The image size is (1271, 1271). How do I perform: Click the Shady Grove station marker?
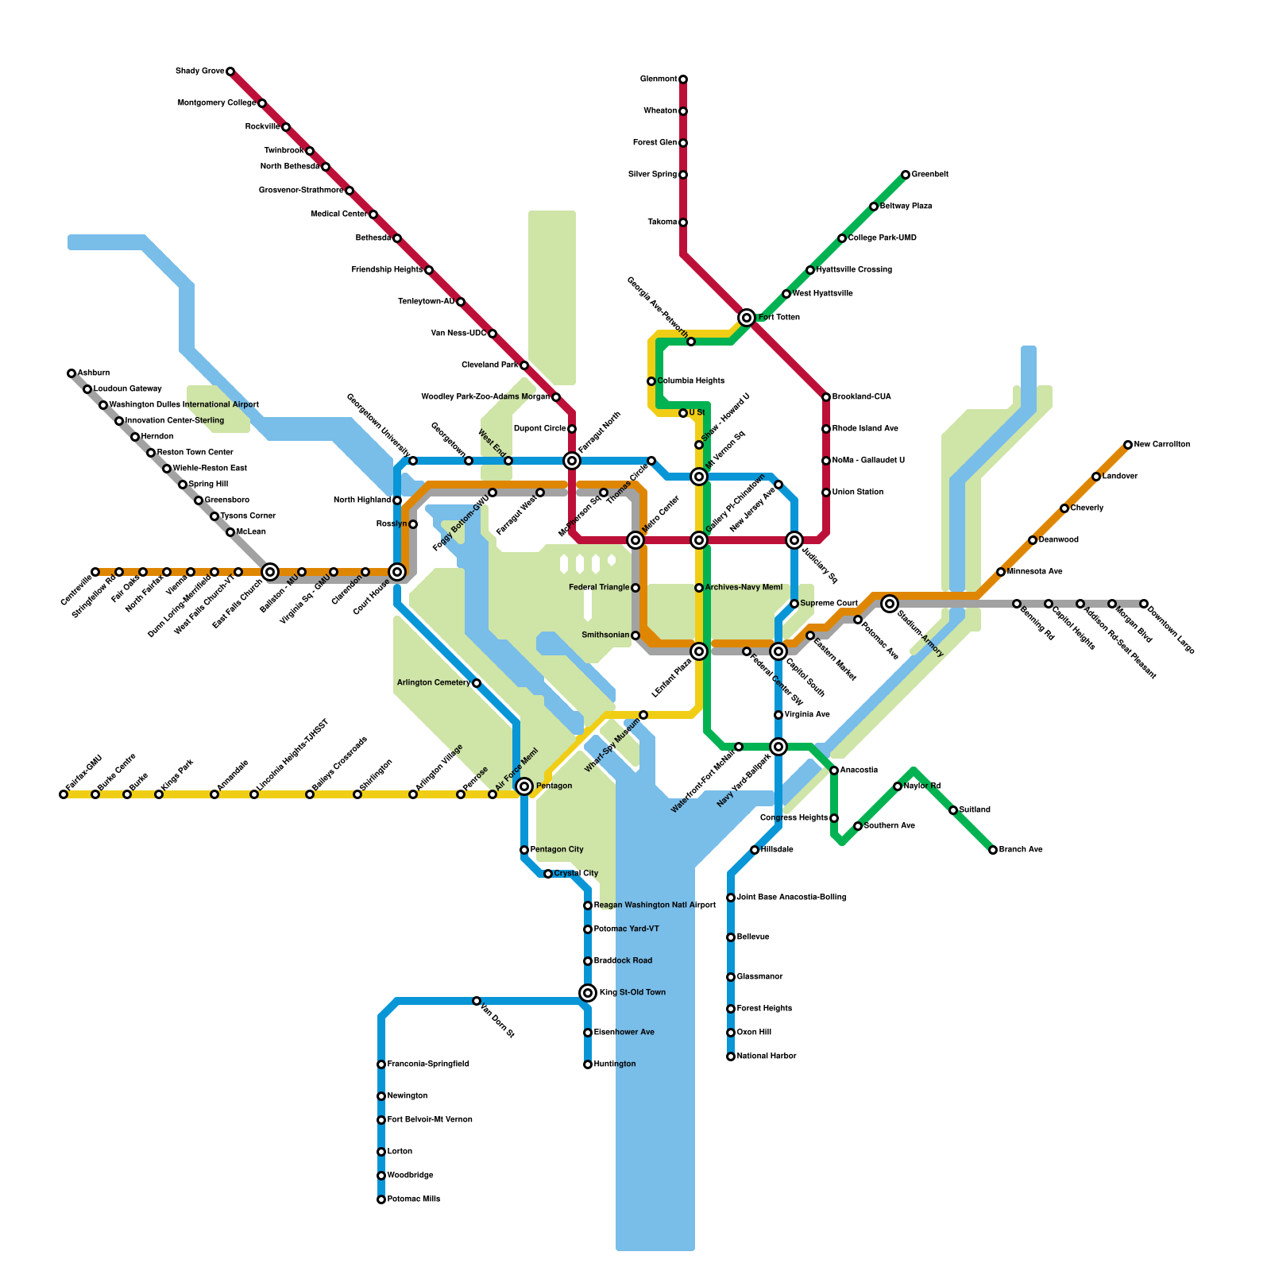point(230,71)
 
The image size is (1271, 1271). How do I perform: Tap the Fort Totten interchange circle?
point(747,318)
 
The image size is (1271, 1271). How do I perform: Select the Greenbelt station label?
point(929,175)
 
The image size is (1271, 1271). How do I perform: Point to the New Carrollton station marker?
point(1128,445)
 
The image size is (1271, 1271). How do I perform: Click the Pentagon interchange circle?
point(524,786)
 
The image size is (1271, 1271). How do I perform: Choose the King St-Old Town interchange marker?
point(588,993)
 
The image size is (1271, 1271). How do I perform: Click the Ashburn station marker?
point(71,373)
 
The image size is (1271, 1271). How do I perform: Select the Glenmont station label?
point(659,79)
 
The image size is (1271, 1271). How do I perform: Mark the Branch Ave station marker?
point(993,850)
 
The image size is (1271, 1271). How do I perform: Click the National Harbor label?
point(767,1057)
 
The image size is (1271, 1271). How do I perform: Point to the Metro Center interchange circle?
point(635,540)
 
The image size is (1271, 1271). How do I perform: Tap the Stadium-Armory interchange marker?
point(890,604)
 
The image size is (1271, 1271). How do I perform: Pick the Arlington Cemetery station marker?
point(477,683)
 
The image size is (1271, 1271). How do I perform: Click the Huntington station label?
point(615,1064)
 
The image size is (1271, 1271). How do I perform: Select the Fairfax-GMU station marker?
point(64,794)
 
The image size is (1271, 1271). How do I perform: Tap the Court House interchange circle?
point(397,572)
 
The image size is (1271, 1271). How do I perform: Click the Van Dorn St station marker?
point(477,1001)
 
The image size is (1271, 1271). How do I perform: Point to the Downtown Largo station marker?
point(1144,604)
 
